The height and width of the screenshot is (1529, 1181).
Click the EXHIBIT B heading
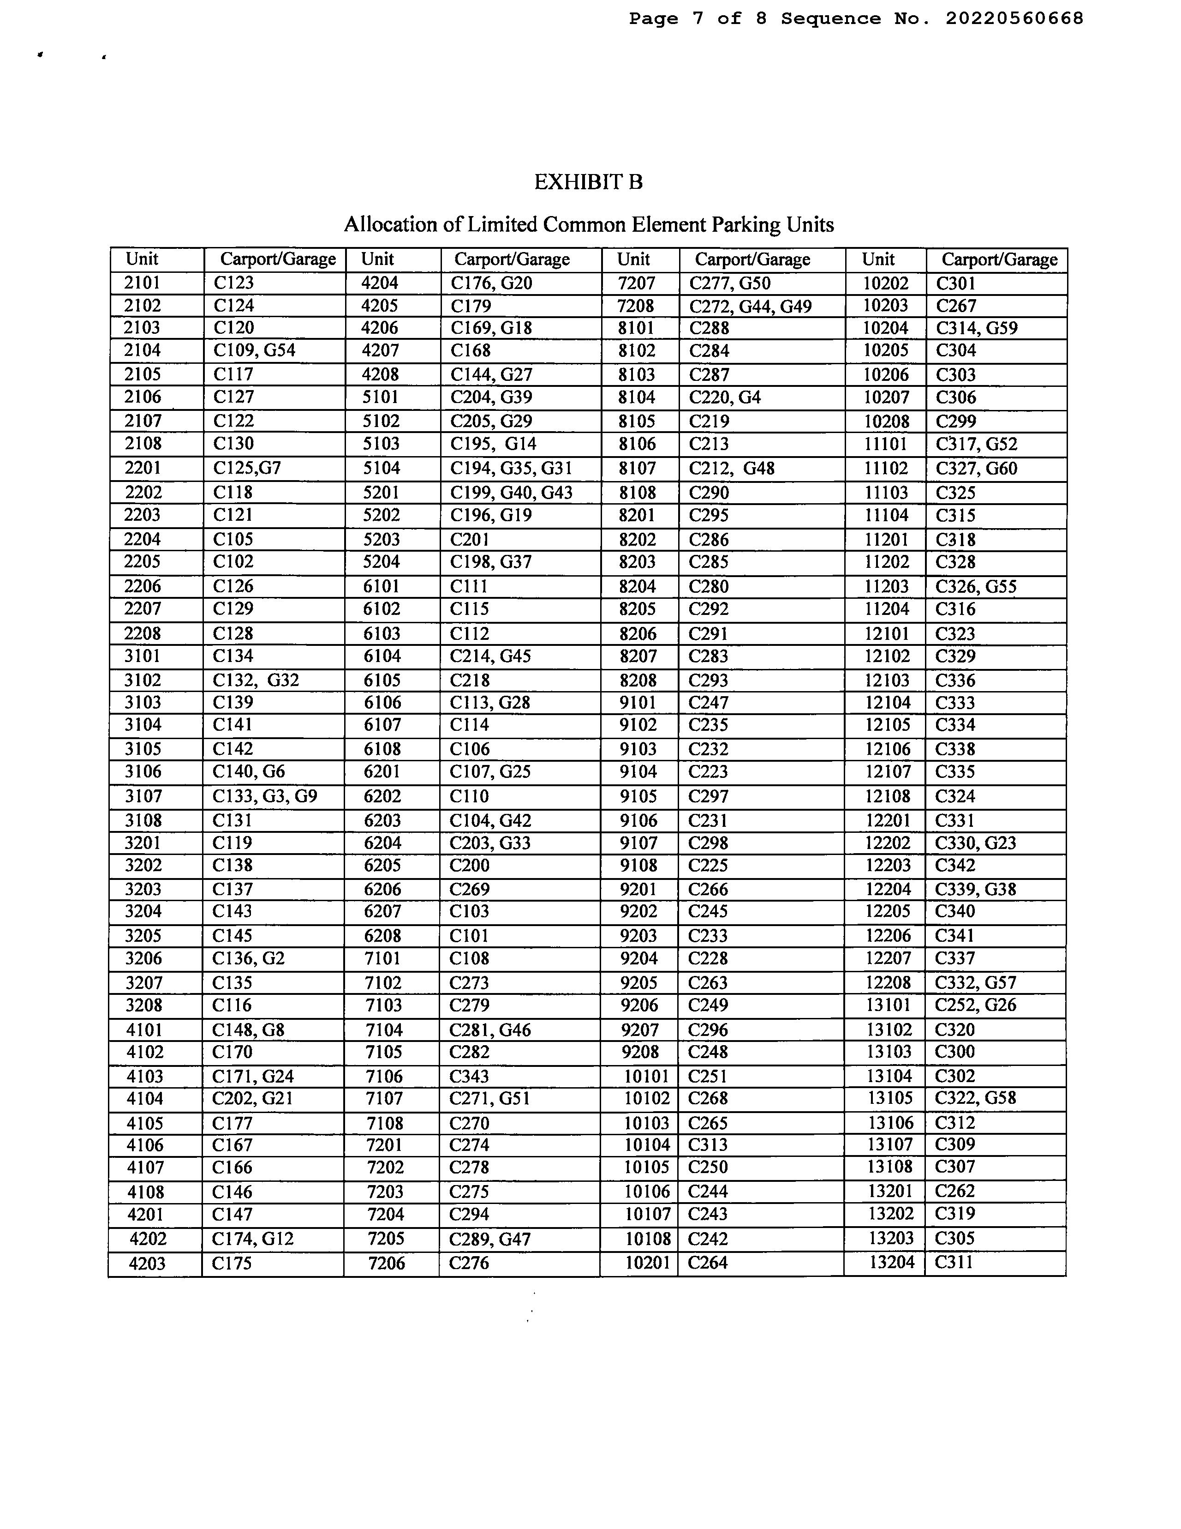pyautogui.click(x=588, y=182)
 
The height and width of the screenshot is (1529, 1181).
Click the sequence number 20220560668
pyautogui.click(x=1014, y=19)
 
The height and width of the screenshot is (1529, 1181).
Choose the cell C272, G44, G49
pyautogui.click(x=750, y=306)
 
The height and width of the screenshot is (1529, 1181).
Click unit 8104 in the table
pyautogui.click(x=637, y=397)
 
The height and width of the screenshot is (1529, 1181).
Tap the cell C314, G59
pyautogui.click(x=976, y=328)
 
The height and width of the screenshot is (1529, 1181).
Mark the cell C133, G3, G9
pyautogui.click(x=264, y=796)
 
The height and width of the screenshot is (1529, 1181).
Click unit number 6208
pyautogui.click(x=382, y=935)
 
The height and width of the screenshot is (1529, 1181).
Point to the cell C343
pyautogui.click(x=469, y=1076)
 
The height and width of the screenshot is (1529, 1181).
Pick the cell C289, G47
pyautogui.click(x=490, y=1239)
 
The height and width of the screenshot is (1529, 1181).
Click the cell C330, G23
pyautogui.click(x=975, y=843)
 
